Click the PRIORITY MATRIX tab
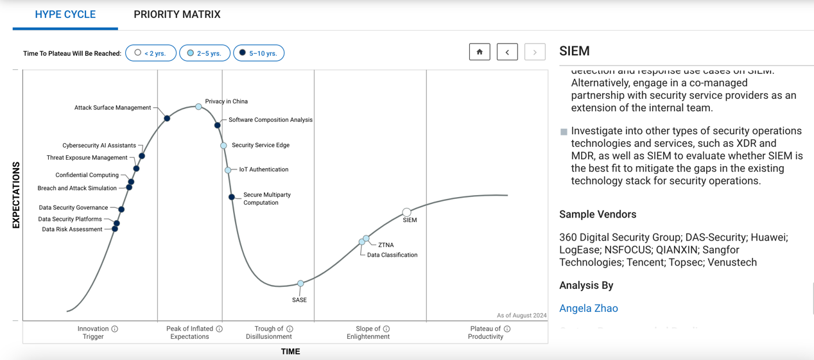[177, 14]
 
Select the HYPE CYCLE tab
[65, 14]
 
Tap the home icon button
[480, 52]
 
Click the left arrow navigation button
[507, 52]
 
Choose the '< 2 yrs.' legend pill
[151, 53]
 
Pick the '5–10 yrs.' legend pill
[258, 53]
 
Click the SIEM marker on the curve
[406, 212]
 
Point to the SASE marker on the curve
[300, 284]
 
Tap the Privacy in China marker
[198, 107]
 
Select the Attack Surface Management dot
[167, 118]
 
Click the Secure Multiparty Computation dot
[232, 197]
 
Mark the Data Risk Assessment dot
[115, 229]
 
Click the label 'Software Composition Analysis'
[270, 120]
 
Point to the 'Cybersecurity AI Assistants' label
[99, 146]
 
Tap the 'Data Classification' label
[392, 255]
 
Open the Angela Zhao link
[588, 308]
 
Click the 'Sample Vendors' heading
[598, 214]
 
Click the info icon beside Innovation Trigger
[115, 329]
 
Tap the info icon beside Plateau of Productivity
[507, 329]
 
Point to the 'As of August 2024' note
[521, 315]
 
